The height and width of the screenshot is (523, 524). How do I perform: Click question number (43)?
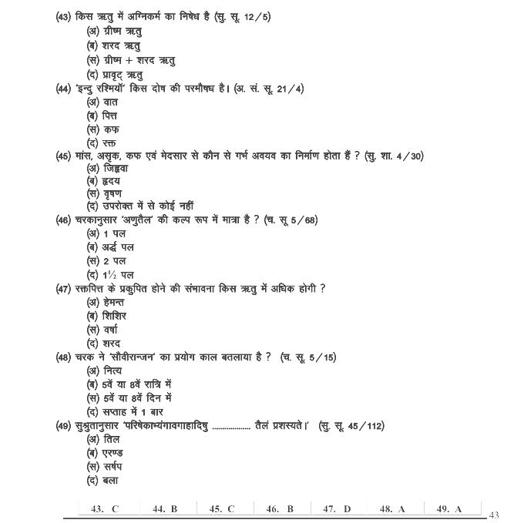pos(65,17)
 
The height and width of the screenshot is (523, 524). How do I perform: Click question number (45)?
pos(65,156)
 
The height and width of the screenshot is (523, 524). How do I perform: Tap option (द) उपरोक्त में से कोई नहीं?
pos(139,206)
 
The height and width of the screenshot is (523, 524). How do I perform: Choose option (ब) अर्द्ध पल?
pos(110,247)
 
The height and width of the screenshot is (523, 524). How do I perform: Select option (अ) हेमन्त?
pos(106,302)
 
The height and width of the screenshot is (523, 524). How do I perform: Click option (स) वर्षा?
pos(103,330)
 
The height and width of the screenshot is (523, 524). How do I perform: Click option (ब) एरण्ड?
pos(105,453)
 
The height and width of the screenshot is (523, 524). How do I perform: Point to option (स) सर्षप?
pos(106,467)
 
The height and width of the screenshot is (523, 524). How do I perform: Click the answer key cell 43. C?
pos(105,508)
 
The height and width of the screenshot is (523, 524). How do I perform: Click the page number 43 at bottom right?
pos(495,515)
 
